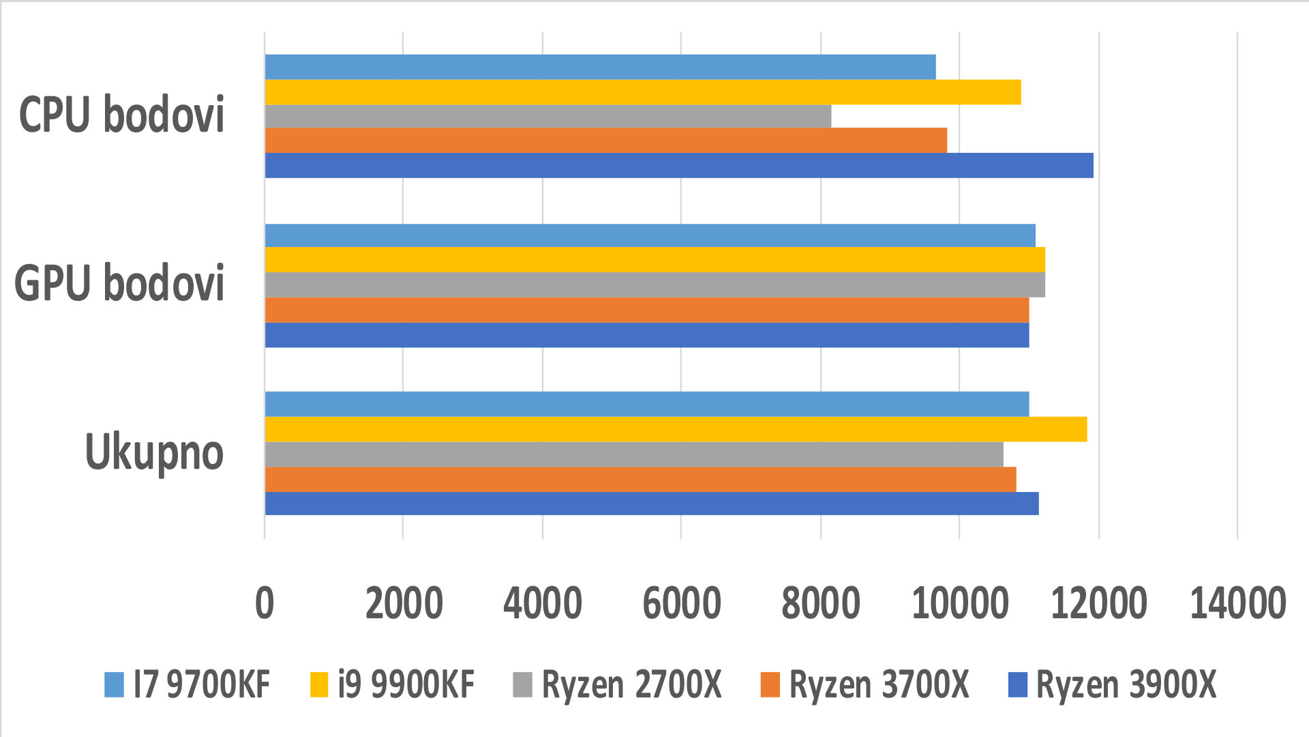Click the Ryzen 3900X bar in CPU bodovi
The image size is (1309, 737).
[x=678, y=165]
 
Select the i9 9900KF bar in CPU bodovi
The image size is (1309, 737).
[x=642, y=92]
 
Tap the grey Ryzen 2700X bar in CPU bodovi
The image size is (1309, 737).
[x=547, y=117]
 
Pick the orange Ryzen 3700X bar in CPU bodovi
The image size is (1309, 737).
[x=605, y=141]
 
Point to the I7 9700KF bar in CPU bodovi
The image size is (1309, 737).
[x=600, y=67]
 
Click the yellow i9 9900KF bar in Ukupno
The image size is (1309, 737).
[x=675, y=429]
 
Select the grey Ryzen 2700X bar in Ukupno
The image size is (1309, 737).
[x=633, y=454]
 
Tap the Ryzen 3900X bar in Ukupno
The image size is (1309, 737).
[x=651, y=504]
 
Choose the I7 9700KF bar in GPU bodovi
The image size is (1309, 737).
[x=650, y=235]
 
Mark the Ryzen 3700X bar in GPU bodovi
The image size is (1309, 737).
[x=646, y=310]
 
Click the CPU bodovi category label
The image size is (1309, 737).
[x=121, y=115]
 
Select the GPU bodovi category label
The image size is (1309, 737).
[x=119, y=283]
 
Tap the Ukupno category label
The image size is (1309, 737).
[x=154, y=452]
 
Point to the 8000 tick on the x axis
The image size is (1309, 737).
[x=820, y=603]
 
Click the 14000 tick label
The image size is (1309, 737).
[x=1237, y=603]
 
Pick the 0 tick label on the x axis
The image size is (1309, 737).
[x=265, y=603]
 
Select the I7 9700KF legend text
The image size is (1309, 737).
[x=202, y=684]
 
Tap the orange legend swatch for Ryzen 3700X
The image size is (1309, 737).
[x=770, y=684]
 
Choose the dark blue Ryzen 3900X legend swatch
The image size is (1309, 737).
[x=1017, y=684]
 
